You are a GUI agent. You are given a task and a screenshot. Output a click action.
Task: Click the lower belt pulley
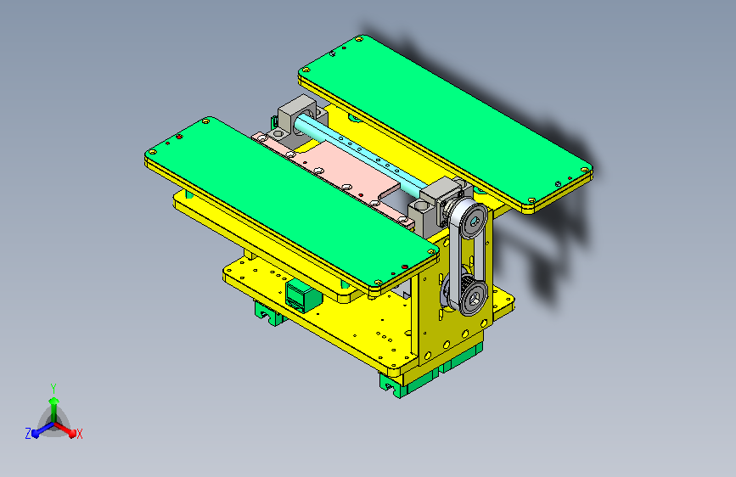pyautogui.click(x=472, y=297)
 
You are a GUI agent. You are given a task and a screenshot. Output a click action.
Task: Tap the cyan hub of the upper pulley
pyautogui.click(x=475, y=221)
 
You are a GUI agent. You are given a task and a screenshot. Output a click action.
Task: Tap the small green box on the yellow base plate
pyautogui.click(x=302, y=295)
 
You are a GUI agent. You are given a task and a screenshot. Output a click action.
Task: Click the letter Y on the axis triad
pyautogui.click(x=53, y=388)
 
